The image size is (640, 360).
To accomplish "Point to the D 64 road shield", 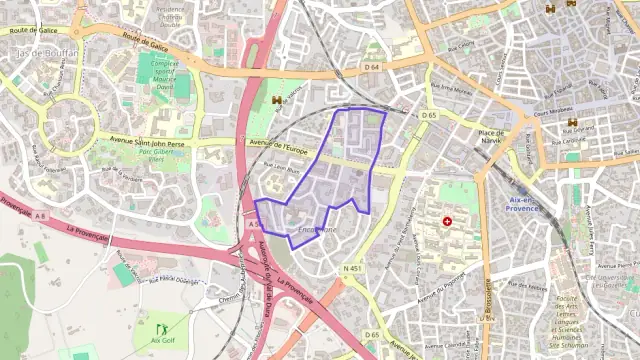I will click(372, 67).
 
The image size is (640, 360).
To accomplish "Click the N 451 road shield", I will click(351, 269).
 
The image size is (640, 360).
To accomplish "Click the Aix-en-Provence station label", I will click(523, 204).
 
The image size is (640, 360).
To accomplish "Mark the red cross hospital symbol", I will click(447, 220).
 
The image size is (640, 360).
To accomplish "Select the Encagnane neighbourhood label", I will click(317, 231).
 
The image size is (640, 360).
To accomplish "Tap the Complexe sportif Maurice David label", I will click(163, 73).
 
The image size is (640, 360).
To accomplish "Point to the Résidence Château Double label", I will click(171, 14).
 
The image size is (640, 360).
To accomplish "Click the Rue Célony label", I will click(462, 47).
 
